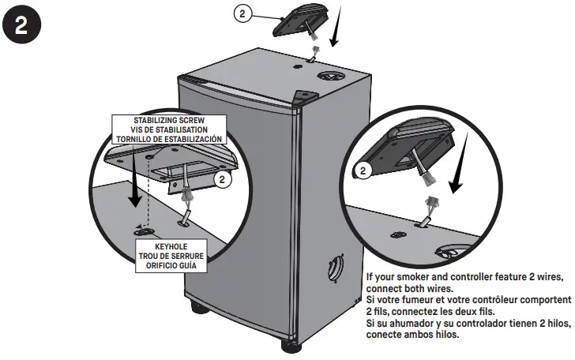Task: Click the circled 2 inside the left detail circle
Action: pos(224,179)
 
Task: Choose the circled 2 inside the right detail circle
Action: pos(363,170)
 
